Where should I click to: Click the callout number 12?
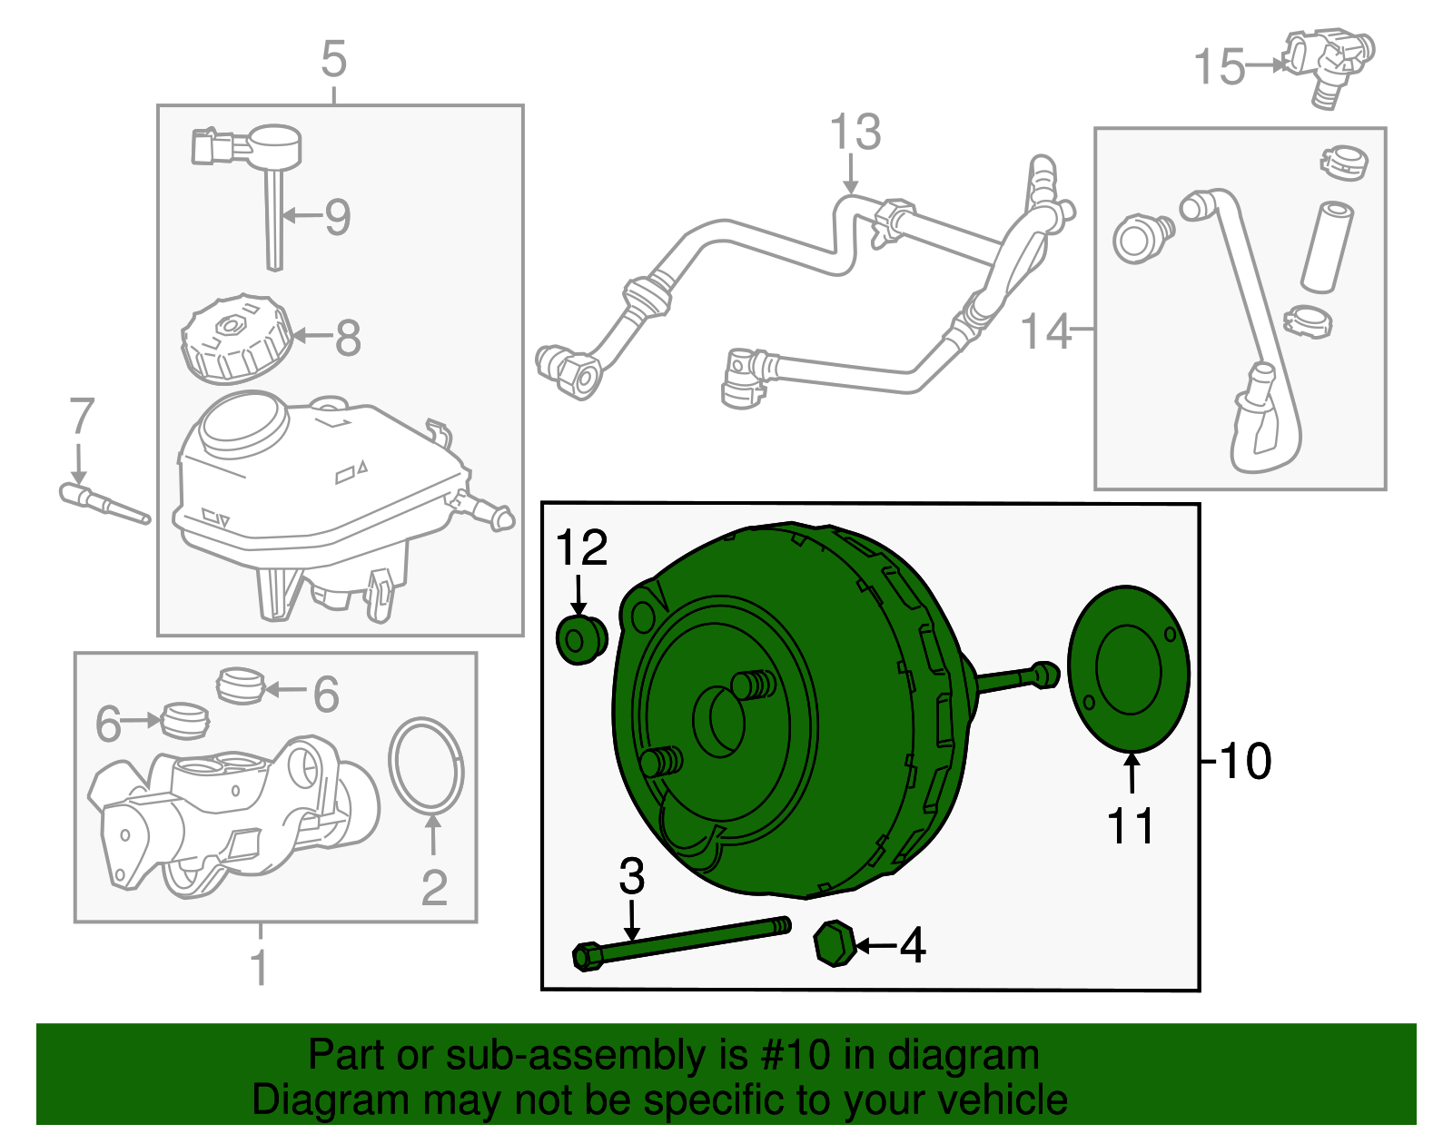click(581, 548)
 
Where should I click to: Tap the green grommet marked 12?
click(580, 640)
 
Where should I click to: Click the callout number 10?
click(1245, 761)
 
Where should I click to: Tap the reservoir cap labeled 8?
click(235, 340)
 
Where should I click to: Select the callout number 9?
click(338, 217)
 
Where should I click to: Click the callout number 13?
click(855, 133)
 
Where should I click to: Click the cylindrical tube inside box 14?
click(1326, 247)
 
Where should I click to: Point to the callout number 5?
click(334, 60)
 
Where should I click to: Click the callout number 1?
click(259, 968)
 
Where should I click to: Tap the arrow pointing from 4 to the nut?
click(875, 946)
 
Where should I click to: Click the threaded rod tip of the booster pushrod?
click(1046, 675)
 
